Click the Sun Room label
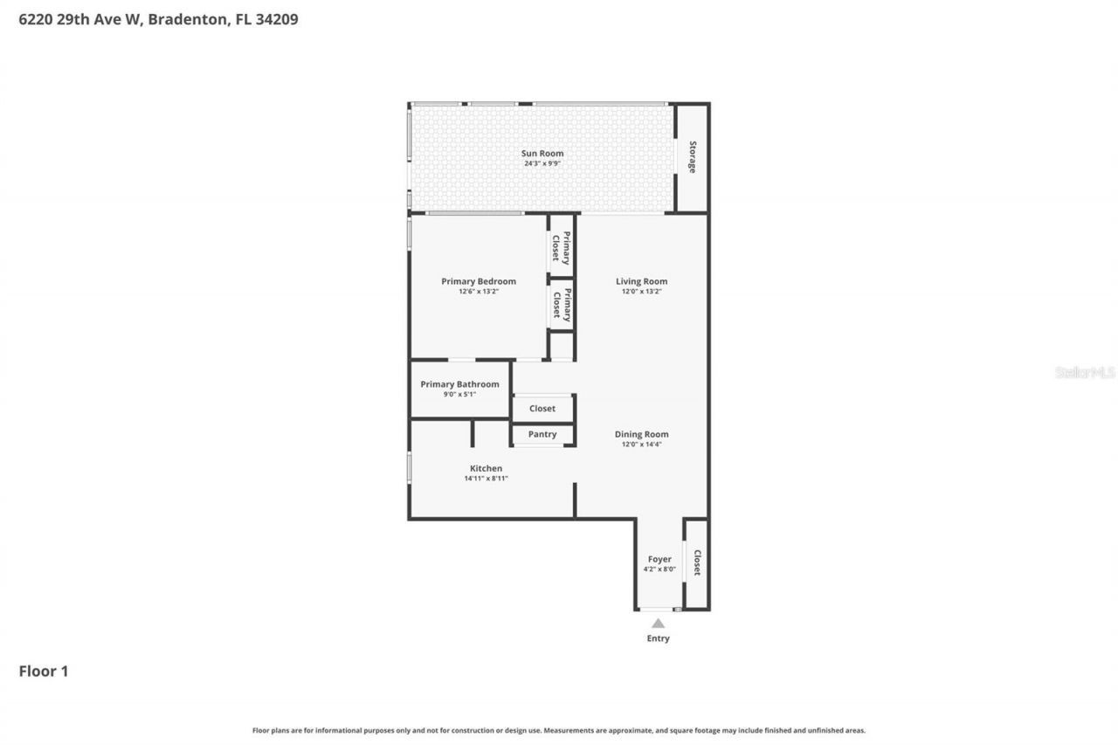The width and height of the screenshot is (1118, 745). point(543,154)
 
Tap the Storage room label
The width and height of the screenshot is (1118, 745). point(693,157)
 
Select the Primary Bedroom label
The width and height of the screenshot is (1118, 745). point(479,281)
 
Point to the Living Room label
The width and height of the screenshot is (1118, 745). point(641,281)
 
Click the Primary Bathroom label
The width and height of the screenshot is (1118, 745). point(459,384)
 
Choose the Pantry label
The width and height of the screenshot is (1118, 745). point(542,434)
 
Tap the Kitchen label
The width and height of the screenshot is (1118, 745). point(486,468)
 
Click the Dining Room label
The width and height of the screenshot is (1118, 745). point(641,434)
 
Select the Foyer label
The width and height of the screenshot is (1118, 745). point(659,559)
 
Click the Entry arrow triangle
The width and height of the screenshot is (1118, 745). point(658,623)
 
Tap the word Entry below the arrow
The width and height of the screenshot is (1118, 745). point(658,638)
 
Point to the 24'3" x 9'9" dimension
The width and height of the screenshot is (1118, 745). point(543,163)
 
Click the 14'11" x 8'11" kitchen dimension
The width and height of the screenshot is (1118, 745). point(486,479)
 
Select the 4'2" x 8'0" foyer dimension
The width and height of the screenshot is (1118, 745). point(659,569)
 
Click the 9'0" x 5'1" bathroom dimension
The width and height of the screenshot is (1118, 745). point(459,395)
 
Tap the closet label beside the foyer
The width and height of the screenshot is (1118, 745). point(697,562)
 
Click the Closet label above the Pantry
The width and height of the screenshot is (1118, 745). point(542,408)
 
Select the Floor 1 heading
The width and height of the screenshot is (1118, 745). point(44,671)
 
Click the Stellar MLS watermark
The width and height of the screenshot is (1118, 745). point(1085,372)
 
